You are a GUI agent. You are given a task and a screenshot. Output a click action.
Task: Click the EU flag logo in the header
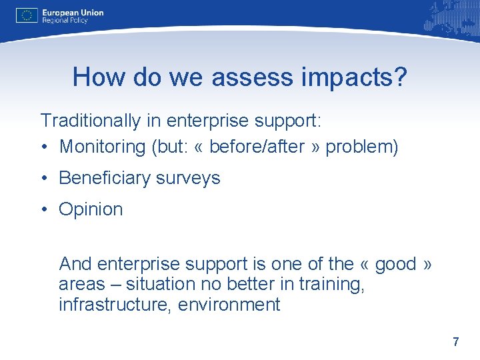tap(27, 16)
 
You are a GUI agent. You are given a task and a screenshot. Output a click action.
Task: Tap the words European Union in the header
tap(73, 12)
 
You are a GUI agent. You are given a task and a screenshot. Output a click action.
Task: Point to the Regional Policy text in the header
tap(65, 21)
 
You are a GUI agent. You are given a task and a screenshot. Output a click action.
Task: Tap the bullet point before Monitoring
tap(44, 147)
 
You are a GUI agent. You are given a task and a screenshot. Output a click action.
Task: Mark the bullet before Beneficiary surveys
tap(44, 178)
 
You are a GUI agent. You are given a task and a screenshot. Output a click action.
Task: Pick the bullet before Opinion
tap(44, 209)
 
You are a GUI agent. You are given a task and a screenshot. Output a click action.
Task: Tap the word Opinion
tap(91, 209)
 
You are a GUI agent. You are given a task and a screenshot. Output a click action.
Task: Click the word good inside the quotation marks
tap(395, 264)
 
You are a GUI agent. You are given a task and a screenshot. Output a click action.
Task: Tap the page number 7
tap(455, 342)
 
